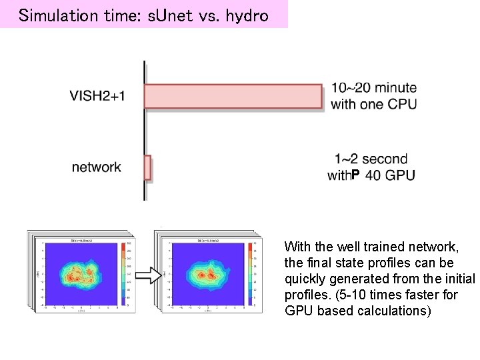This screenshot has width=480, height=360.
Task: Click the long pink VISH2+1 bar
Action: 233,96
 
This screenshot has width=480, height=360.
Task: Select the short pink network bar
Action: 148,167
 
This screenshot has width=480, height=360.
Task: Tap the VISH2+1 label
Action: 97,96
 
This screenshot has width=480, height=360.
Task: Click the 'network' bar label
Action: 97,167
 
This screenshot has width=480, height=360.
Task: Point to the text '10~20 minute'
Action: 374,88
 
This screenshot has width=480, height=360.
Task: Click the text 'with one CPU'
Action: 373,104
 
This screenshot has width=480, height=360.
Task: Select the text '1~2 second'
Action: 371,159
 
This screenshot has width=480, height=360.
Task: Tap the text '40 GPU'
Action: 391,175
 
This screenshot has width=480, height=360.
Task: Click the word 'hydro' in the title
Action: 247,15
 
